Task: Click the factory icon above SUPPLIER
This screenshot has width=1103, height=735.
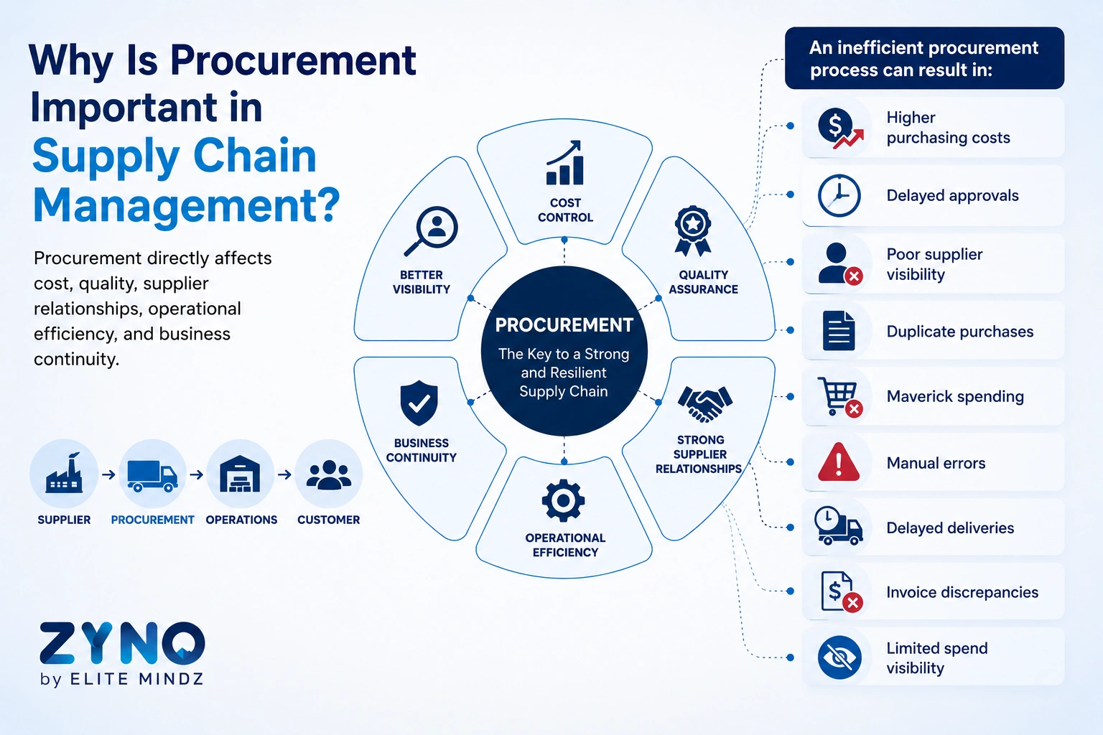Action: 64,473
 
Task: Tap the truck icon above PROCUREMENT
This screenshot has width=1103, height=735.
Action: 152,476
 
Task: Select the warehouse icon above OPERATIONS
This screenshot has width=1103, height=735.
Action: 240,474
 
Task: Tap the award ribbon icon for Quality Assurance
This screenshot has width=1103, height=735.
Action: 693,231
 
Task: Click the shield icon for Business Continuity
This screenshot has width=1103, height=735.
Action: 419,403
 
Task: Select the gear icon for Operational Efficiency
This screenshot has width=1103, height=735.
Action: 563,501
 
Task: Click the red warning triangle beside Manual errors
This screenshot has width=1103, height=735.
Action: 839,462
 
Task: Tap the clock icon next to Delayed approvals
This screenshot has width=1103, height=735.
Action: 839,195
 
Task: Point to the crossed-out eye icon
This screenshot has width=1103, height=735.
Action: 839,657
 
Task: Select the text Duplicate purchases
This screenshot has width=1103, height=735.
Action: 959,332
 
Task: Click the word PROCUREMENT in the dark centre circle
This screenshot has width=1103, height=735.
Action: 564,325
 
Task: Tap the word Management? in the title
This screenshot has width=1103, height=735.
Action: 187,205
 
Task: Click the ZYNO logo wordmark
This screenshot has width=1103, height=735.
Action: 122,643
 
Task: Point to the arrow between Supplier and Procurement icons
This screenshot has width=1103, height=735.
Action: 108,474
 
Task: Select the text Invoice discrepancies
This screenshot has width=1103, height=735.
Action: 962,592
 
